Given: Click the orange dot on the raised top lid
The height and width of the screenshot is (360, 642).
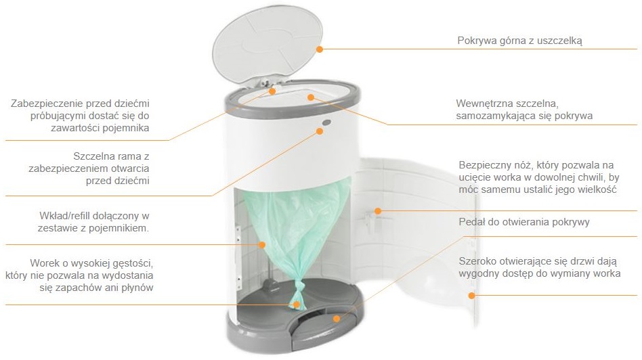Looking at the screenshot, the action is coord(320,49).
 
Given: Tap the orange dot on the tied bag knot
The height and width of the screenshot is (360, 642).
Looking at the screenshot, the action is coord(297,305).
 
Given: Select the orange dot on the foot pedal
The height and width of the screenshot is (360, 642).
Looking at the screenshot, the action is coord(337,318).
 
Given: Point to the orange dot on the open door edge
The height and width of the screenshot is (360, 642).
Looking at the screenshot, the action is coord(471,295).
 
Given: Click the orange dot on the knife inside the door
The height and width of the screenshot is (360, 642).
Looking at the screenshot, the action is coord(378,211).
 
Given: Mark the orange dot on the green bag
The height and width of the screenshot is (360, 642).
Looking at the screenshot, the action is coord(262,245).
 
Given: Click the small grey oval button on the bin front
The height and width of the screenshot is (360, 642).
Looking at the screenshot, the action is coord(326,122).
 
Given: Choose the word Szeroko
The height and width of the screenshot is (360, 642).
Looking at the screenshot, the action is coord(475,261).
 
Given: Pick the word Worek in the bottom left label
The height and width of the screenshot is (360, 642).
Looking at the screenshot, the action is coord(43,263).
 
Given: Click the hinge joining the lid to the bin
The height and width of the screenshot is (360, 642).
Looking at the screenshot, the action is coord(263,82).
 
